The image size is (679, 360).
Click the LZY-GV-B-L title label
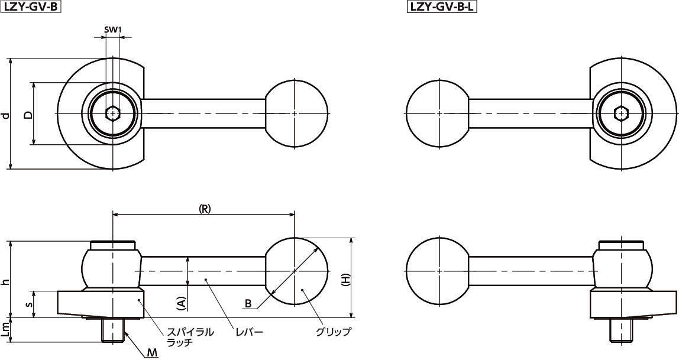(x=442, y=7)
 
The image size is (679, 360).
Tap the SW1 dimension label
(x=113, y=30)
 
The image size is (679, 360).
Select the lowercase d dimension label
(x=5, y=115)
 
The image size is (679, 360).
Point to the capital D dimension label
(x=28, y=115)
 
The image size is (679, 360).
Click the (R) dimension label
(x=204, y=209)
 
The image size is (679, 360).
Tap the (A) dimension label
(x=182, y=303)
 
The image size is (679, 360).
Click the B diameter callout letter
(x=248, y=304)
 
